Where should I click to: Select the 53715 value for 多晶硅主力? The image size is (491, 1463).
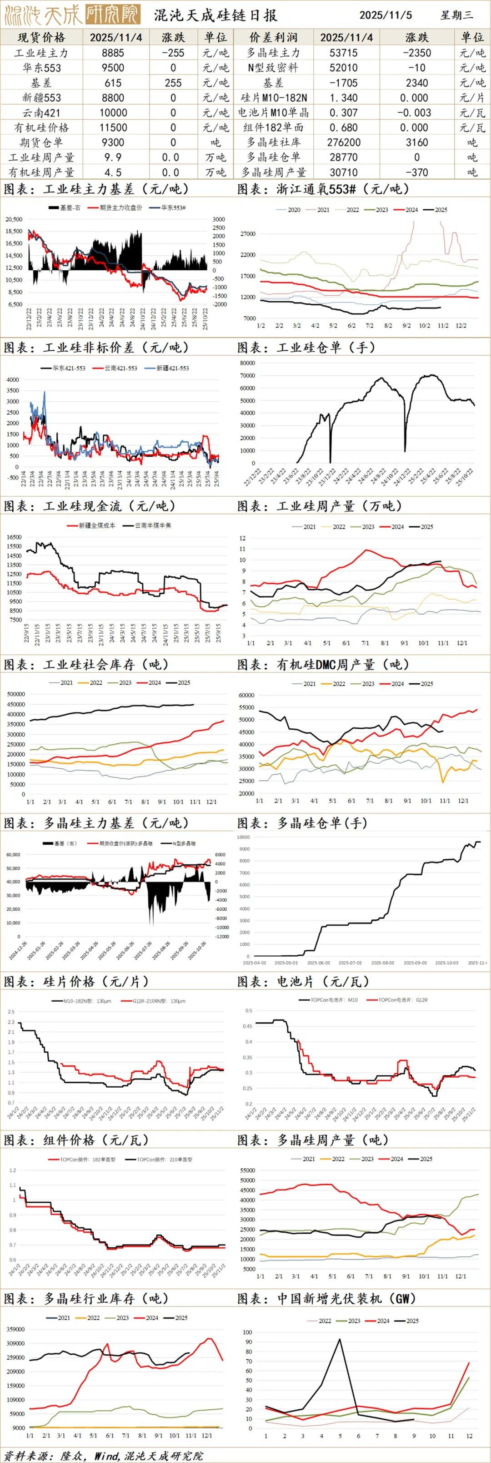pos(346,53)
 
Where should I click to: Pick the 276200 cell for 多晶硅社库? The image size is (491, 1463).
pos(346,142)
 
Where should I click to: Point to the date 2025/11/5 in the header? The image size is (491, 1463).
pos(386,15)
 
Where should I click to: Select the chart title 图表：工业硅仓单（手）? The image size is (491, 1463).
pos(307,348)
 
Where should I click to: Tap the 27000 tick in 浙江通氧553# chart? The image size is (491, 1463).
pos(248,234)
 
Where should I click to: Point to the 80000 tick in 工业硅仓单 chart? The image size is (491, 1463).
pos(247,363)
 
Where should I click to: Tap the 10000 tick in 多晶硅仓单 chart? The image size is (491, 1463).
pos(242,837)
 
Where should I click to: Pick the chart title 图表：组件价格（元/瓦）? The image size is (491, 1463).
pos(77,1140)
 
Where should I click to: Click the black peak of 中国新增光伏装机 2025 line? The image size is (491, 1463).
pos(340,1339)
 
